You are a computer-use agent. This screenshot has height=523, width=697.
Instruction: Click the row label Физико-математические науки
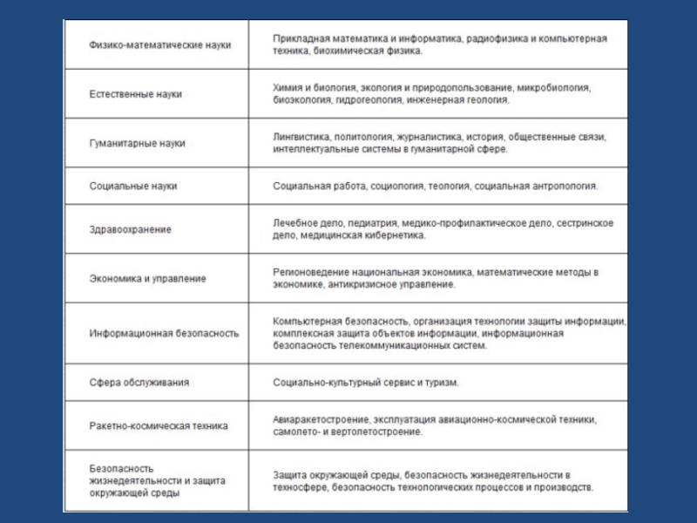coord(159,44)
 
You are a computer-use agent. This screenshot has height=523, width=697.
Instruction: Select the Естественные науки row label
coord(135,93)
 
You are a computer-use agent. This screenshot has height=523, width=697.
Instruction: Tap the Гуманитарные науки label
coord(138,143)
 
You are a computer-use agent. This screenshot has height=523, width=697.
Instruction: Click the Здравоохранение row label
coord(131,229)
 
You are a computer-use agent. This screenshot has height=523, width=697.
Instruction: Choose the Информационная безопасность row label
coord(164,333)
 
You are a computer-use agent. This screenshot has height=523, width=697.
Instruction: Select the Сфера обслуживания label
coord(139,383)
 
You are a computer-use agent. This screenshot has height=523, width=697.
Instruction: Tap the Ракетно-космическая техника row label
coord(159,426)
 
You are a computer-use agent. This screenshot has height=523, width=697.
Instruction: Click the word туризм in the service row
coord(442,383)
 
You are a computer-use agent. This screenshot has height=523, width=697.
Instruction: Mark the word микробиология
coord(552,88)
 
